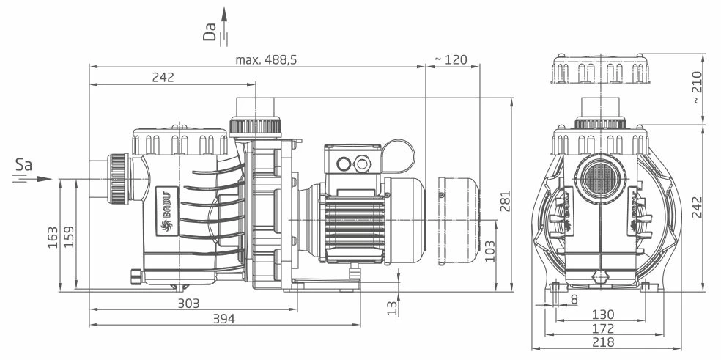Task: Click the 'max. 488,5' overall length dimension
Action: pos(266,59)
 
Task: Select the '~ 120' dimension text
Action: pos(451,59)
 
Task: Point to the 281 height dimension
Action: pos(503,196)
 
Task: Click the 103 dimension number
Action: pos(489,251)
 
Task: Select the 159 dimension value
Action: pos(70,236)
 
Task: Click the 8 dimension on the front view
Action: pos(574,299)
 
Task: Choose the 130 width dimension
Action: pos(603,314)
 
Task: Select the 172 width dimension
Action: pos(603,328)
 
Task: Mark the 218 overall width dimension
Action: pos(603,342)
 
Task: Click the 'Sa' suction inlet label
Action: pos(23,167)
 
